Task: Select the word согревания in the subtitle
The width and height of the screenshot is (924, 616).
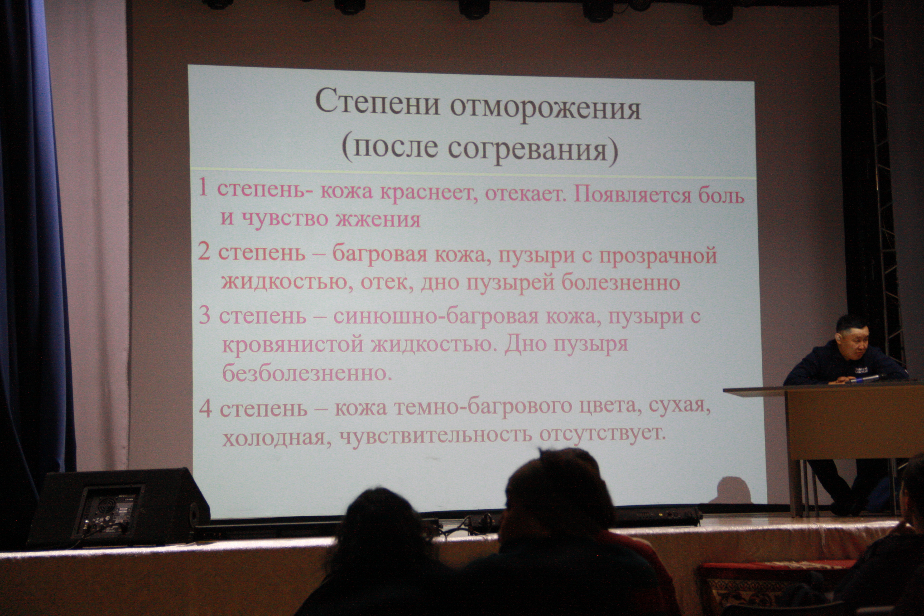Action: pos(528,150)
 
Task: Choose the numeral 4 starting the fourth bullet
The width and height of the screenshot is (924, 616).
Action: pos(206,409)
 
